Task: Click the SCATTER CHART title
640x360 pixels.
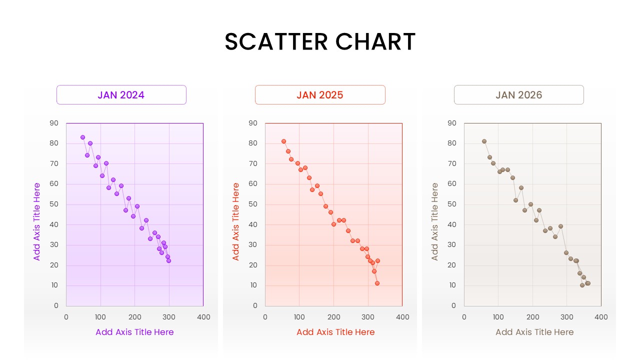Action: click(x=320, y=41)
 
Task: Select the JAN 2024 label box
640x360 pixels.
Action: click(x=121, y=95)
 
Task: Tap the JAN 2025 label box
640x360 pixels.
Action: click(x=320, y=95)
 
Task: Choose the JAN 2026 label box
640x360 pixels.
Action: click(x=518, y=95)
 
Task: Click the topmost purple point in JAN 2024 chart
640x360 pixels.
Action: click(x=82, y=137)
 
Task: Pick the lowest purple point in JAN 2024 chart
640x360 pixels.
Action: click(x=168, y=260)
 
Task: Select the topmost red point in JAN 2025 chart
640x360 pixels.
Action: click(x=283, y=141)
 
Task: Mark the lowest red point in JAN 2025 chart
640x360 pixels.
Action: click(x=377, y=283)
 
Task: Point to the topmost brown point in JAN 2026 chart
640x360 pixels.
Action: click(x=484, y=141)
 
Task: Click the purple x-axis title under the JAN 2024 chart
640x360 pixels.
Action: click(x=134, y=332)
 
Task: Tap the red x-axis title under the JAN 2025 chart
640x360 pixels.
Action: click(x=335, y=332)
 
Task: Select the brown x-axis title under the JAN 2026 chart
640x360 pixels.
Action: click(x=534, y=332)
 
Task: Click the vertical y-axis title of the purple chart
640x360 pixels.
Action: click(x=37, y=221)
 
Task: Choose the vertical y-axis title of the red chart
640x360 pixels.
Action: click(x=236, y=221)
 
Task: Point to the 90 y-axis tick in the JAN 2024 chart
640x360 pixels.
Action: click(x=54, y=123)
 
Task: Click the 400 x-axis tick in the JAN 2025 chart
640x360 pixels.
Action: click(x=402, y=317)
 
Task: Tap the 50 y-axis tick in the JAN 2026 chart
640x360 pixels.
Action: click(x=452, y=204)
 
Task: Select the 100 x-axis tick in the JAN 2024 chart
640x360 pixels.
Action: click(x=100, y=317)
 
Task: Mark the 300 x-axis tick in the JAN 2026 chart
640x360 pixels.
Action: click(x=567, y=317)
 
